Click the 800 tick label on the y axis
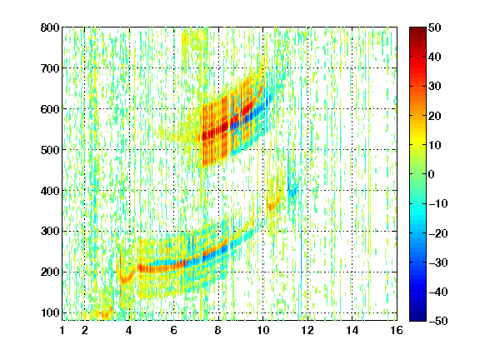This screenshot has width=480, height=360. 50,27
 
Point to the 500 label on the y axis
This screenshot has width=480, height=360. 50,150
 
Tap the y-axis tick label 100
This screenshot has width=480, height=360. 50,312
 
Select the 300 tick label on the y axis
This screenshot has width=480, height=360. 50,232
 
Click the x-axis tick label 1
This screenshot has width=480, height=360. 62,330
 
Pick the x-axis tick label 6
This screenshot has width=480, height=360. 174,330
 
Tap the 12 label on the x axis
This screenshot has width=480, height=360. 307,330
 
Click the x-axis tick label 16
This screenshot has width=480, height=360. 397,330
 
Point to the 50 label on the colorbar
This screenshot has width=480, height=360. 434,27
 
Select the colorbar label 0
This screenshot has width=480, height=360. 432,174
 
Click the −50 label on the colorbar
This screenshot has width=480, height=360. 438,321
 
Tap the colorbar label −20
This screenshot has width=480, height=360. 438,233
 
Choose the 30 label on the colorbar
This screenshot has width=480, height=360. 434,87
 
